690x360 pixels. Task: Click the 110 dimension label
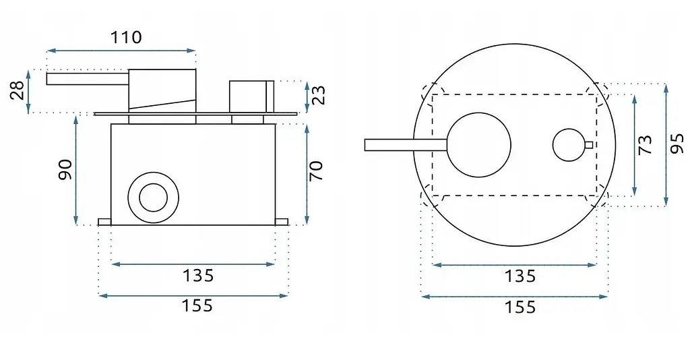coord(126,37)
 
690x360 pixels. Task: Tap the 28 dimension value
coord(18,91)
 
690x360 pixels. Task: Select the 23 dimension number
coord(319,95)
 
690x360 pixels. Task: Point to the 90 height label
coord(65,170)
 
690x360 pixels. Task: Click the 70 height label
coord(317,171)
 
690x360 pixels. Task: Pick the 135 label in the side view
coord(198,276)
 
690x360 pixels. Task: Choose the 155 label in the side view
coord(197,305)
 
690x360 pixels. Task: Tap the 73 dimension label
coord(645,145)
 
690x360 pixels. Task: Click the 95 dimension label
coord(678,144)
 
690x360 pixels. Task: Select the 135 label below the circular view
coord(520,276)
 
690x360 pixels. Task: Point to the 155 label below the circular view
coord(520,307)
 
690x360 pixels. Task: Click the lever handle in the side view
coord(88,79)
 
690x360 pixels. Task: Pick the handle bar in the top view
coord(406,145)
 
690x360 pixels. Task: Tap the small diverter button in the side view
coord(252,96)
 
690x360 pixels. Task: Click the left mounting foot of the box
coord(104,222)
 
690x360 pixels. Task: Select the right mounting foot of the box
coord(282,222)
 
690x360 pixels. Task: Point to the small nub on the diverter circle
coord(589,144)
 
